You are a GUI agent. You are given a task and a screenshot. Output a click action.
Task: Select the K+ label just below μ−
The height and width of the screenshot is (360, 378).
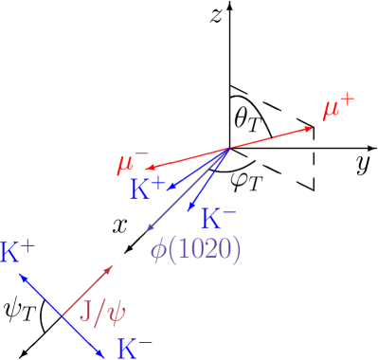coord(148,188)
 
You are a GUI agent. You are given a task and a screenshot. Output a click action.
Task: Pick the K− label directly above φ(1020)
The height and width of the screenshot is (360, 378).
coord(220,219)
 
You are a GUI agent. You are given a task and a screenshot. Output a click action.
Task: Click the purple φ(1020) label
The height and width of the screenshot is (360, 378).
coord(196,249)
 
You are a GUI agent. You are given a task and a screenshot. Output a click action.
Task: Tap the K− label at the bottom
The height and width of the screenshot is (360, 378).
coord(135,348)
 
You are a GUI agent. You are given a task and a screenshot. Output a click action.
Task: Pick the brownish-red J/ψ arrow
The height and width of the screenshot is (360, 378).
coord(87,291)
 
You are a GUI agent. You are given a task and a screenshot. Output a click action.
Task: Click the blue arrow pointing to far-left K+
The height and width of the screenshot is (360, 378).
coord(41,295)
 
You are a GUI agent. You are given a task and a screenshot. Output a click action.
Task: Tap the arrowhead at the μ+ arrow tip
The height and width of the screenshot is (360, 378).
coord(310,129)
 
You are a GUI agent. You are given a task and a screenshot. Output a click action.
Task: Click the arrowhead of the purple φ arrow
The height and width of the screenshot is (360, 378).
coord(149,228)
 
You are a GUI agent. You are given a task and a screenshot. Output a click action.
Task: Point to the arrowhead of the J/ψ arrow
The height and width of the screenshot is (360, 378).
coord(110,269)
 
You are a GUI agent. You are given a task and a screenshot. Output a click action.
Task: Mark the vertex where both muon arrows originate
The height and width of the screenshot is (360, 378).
coord(230,149)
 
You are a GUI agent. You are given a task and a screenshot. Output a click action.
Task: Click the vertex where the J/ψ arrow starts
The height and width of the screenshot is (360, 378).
coord(63,315)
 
